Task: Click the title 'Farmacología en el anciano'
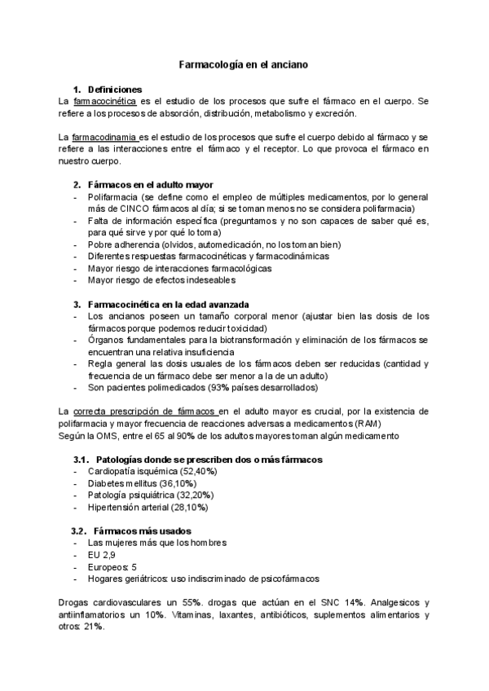click(244, 64)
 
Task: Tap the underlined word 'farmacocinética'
click(105, 101)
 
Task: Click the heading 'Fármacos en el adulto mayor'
click(150, 184)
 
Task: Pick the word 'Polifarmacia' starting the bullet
click(112, 197)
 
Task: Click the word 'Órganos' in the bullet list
click(105, 340)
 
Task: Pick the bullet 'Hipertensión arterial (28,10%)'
click(148, 507)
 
